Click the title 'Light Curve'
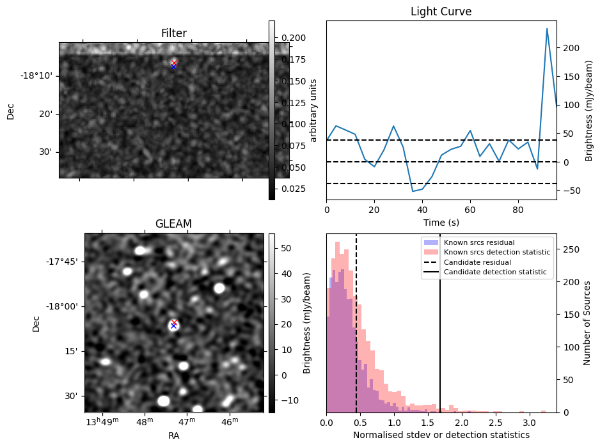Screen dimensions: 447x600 pyautogui.click(x=441, y=12)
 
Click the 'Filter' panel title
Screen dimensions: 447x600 pyautogui.click(x=173, y=33)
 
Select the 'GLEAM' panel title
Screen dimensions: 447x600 pyautogui.click(x=173, y=224)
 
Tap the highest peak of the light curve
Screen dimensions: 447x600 pyautogui.click(x=547, y=29)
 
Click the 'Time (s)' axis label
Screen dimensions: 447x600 pyautogui.click(x=441, y=223)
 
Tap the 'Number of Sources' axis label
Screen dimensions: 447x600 pyautogui.click(x=587, y=322)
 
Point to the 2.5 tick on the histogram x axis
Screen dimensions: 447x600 pyautogui.click(x=495, y=423)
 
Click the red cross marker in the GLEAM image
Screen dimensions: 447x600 pyautogui.click(x=174, y=322)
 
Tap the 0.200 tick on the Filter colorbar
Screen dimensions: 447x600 pyautogui.click(x=291, y=38)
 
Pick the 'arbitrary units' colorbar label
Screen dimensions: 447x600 pyautogui.click(x=313, y=111)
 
